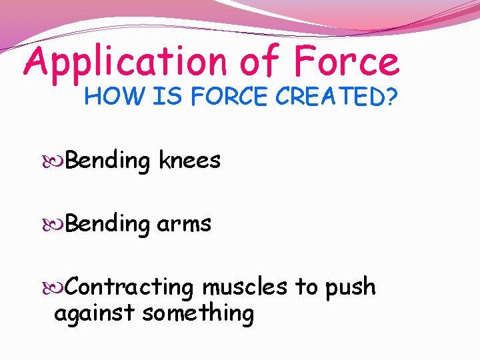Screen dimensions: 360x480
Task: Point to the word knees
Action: point(189,161)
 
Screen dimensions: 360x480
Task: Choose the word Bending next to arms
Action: point(109,225)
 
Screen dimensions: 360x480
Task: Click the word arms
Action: point(185,224)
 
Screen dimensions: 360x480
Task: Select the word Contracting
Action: point(130,287)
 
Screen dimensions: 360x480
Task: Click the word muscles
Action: point(245,287)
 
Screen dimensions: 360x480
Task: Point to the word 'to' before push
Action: point(307,287)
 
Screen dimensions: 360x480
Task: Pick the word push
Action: point(351,287)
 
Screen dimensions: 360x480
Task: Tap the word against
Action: point(95,313)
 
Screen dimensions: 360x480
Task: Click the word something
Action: point(199,313)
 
